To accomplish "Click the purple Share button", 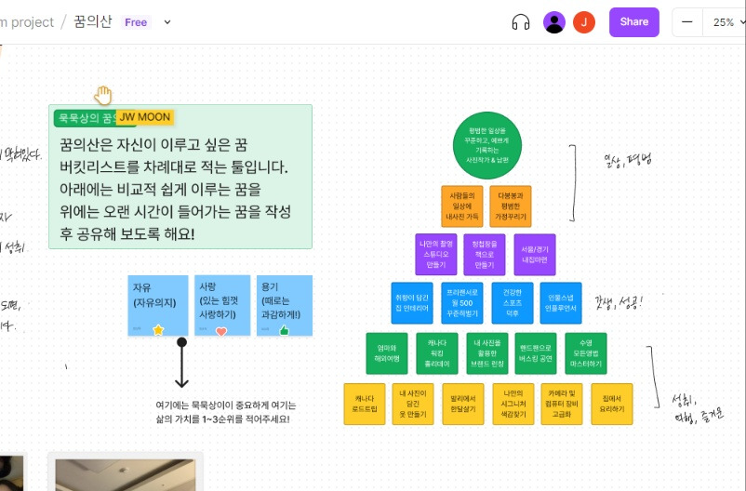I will [x=633, y=22].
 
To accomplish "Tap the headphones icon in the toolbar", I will [x=521, y=22].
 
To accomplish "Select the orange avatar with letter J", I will [x=584, y=22].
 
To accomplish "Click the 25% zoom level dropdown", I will [x=724, y=22].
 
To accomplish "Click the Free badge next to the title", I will [x=136, y=22].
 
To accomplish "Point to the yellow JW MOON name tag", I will [x=144, y=117].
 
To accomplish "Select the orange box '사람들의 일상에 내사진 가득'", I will [x=462, y=206].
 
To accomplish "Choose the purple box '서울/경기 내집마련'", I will [x=534, y=254].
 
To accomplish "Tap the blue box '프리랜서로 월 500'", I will [x=462, y=301].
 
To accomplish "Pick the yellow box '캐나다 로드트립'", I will [x=364, y=402].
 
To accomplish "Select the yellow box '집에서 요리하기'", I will [x=610, y=402].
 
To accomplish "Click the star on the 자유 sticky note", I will [x=158, y=329].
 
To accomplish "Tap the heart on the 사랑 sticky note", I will [x=221, y=330].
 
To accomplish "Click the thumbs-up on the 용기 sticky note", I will [x=284, y=329].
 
